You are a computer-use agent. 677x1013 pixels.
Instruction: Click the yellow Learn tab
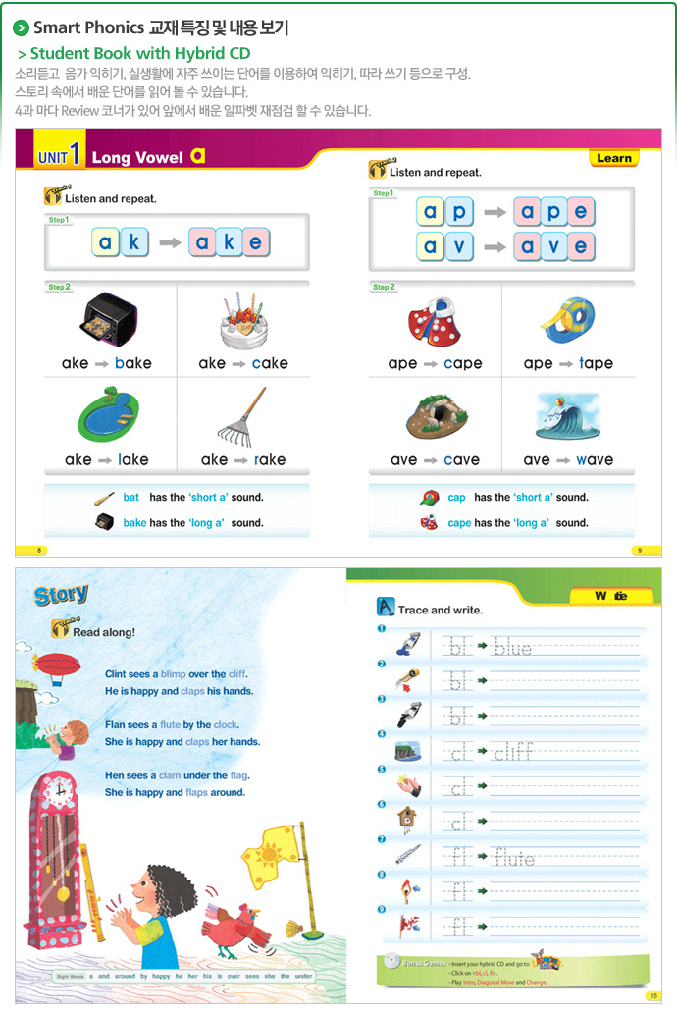click(x=614, y=158)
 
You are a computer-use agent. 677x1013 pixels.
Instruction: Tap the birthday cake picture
click(x=243, y=321)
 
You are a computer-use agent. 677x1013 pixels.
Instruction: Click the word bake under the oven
click(x=132, y=363)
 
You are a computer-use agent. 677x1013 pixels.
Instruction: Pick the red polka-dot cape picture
click(x=436, y=322)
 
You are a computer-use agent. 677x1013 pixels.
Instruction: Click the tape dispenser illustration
click(x=570, y=320)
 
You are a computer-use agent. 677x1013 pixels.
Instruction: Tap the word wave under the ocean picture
click(x=595, y=459)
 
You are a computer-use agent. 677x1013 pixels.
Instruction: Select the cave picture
click(x=436, y=416)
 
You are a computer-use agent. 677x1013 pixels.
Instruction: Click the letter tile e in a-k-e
click(x=255, y=242)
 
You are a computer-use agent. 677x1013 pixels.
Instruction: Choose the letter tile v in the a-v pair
click(x=459, y=245)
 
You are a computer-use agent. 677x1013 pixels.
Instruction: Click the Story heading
click(x=61, y=595)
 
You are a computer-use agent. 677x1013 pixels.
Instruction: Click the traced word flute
click(x=514, y=859)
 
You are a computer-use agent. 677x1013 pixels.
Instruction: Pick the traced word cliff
click(x=513, y=753)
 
